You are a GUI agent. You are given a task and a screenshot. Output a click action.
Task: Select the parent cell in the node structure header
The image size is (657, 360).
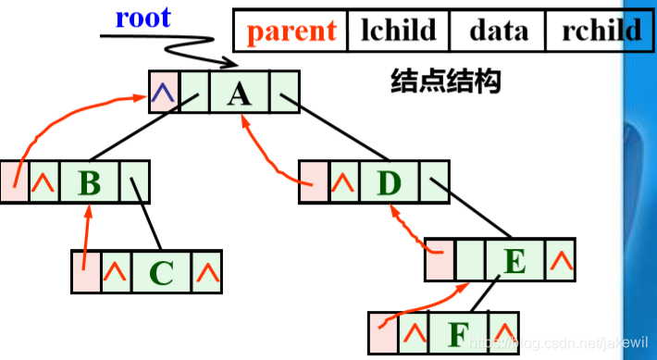291,31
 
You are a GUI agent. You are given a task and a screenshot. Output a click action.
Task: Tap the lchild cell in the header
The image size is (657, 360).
398,31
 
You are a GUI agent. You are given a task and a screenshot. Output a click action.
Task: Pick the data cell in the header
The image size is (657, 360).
497,31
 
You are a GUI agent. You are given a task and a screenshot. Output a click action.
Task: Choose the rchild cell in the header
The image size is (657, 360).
600,31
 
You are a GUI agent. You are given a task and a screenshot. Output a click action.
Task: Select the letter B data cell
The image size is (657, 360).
89,181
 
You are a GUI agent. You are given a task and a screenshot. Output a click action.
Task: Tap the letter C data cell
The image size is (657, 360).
160,271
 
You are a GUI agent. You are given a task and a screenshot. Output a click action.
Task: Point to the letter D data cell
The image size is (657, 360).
389,182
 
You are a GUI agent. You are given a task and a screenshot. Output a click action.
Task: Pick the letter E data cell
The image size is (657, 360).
514,260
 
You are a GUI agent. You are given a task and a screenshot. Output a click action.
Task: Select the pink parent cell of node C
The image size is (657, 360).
85,271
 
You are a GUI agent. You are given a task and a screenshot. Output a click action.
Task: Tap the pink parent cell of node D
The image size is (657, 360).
315,182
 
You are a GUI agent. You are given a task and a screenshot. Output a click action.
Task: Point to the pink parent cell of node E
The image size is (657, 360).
440,260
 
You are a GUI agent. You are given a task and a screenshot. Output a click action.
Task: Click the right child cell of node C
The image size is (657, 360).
206,271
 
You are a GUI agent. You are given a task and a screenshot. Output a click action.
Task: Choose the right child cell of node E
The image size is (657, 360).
560,260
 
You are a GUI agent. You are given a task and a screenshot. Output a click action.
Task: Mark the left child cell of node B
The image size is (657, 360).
43,181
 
